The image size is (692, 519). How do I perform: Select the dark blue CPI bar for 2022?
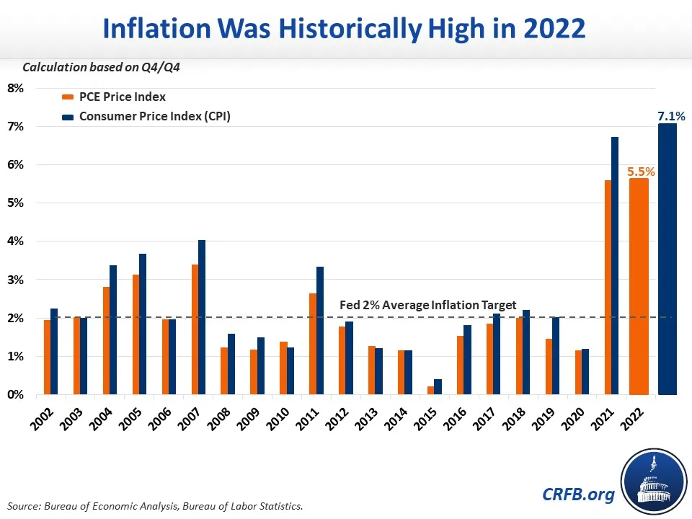click(667, 259)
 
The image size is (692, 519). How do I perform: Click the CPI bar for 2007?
click(202, 317)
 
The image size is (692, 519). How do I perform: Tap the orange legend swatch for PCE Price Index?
click(68, 97)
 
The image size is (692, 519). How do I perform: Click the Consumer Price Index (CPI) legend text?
click(156, 116)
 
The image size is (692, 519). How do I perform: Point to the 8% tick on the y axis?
click(16, 89)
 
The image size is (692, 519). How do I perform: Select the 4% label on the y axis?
click(16, 241)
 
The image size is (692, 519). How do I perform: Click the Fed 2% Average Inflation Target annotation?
click(427, 305)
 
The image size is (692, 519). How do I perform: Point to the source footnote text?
click(156, 506)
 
